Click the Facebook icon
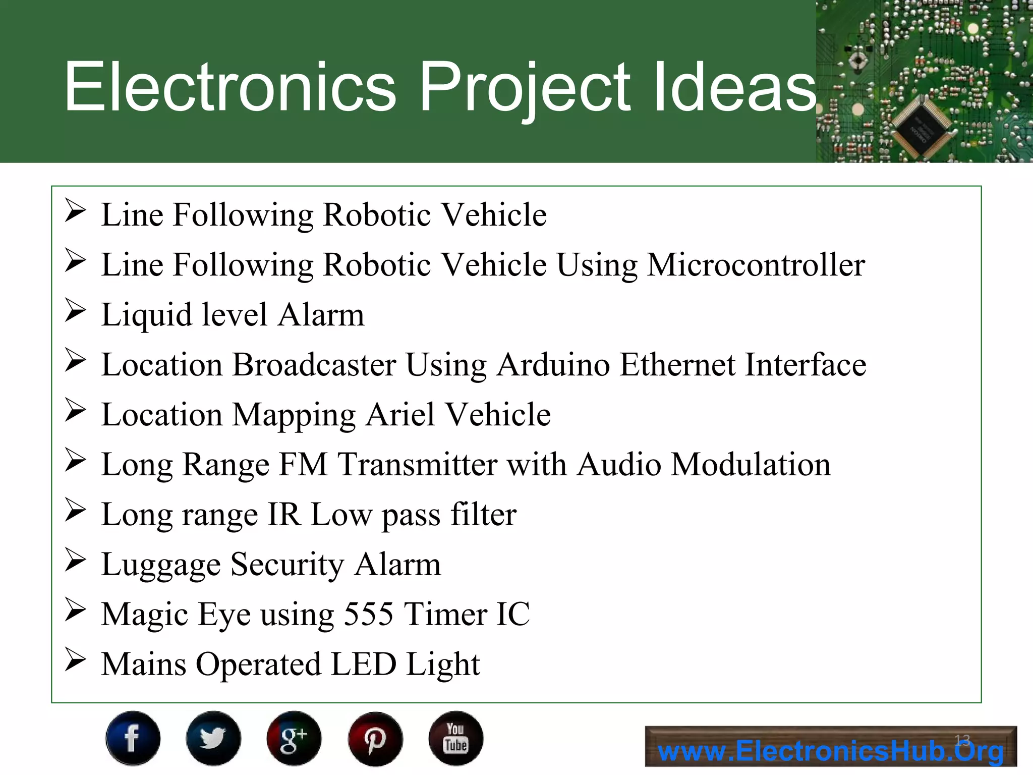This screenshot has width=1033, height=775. tap(133, 738)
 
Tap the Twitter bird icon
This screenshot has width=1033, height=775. tap(213, 738)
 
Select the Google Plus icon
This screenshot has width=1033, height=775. tap(294, 738)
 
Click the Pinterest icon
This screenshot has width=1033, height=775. tap(375, 738)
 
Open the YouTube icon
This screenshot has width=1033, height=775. tap(456, 738)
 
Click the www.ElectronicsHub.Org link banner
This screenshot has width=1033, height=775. tap(830, 747)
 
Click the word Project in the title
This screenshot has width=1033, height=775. tap(525, 87)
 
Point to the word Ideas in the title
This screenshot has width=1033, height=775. tap(734, 87)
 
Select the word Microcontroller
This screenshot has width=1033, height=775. tap(756, 265)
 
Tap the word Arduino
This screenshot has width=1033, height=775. tap(553, 365)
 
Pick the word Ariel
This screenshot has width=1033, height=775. tap(400, 415)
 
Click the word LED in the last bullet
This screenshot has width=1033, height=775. tap(364, 664)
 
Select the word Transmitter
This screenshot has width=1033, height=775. tap(417, 464)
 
